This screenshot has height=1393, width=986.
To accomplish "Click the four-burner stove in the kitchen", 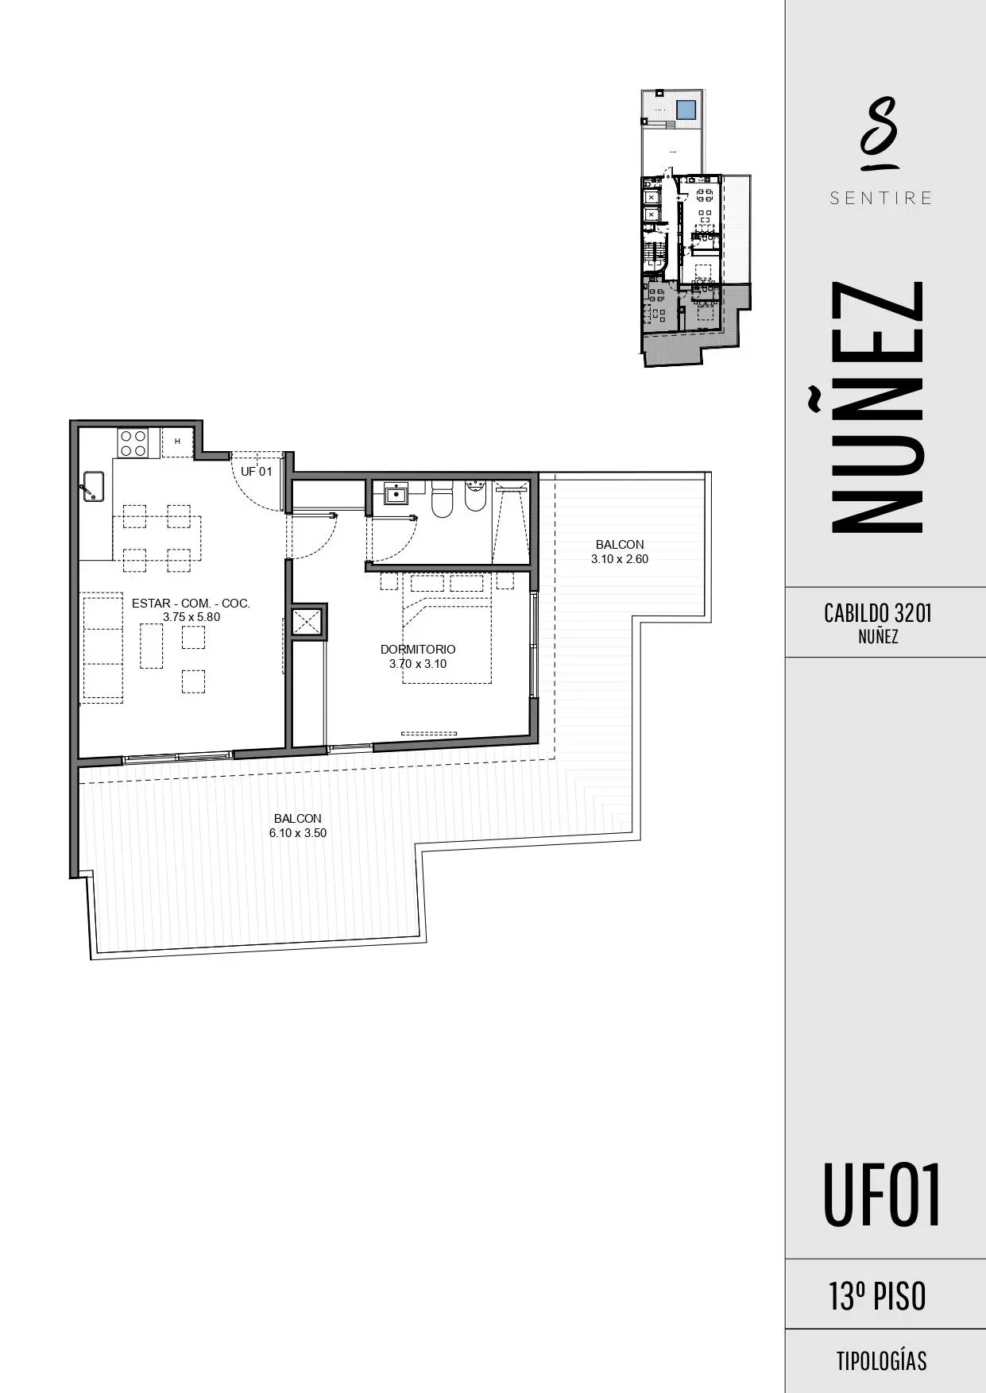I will [133, 442].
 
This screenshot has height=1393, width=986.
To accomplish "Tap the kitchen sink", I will [92, 485].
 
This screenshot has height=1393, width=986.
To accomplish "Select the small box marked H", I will [177, 442].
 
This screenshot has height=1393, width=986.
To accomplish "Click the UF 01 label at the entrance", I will [257, 472].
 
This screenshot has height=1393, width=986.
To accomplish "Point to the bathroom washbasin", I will [396, 494].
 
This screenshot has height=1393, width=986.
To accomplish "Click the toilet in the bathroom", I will [442, 498].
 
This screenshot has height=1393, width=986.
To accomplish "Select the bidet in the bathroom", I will [475, 497].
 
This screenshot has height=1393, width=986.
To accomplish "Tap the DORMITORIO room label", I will [418, 650].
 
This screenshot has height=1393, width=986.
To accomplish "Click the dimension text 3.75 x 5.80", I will [191, 617].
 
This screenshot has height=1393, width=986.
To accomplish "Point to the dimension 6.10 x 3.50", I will [298, 833].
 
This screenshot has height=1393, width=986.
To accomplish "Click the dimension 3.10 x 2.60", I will [620, 559].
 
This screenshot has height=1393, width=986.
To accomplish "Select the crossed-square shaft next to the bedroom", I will [307, 621].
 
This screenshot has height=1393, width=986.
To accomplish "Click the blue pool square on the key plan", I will [686, 110].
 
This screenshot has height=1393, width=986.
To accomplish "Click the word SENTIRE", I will [881, 199].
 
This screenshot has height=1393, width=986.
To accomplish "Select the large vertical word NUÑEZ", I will [876, 407].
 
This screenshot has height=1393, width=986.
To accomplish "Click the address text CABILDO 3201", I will [878, 613].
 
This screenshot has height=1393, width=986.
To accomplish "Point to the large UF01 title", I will [881, 1195].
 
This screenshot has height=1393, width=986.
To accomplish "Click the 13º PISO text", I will [878, 1296].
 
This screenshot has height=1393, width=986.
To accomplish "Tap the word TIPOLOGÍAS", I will [881, 1361].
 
